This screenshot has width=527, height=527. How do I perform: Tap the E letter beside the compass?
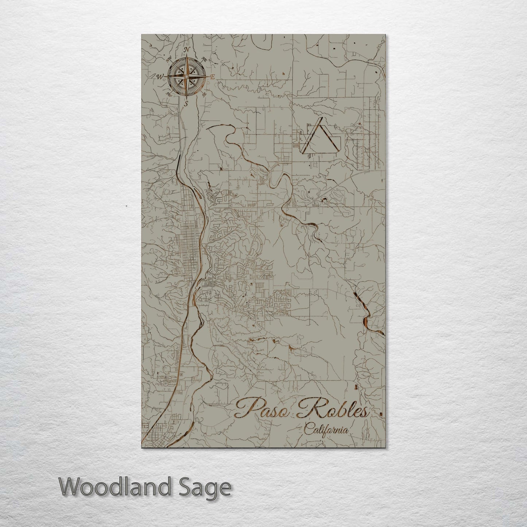(212, 77)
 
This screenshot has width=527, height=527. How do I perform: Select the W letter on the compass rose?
(159, 77)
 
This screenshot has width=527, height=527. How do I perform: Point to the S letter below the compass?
(186, 104)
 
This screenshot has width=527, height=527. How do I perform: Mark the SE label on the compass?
(204, 95)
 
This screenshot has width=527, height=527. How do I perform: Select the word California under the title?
(326, 430)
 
